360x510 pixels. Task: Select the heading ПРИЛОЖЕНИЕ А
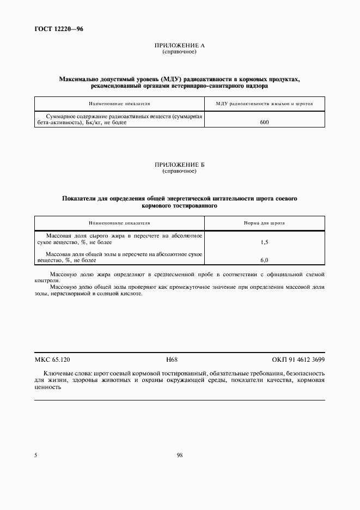click(179, 46)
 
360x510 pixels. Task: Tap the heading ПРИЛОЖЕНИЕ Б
click(179, 165)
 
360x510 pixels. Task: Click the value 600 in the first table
click(264, 123)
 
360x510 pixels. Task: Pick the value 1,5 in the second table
click(264, 241)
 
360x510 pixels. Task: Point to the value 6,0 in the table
click(264, 260)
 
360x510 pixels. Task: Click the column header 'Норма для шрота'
click(264, 223)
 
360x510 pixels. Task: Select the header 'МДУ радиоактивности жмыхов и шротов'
click(264, 103)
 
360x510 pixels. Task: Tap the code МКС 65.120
click(52, 360)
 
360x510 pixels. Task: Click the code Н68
click(172, 360)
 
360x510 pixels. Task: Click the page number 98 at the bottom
click(179, 456)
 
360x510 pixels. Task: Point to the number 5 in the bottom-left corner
click(35, 456)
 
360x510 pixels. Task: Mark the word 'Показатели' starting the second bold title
click(77, 199)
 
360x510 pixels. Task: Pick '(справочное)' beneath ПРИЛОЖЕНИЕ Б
click(179, 171)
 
